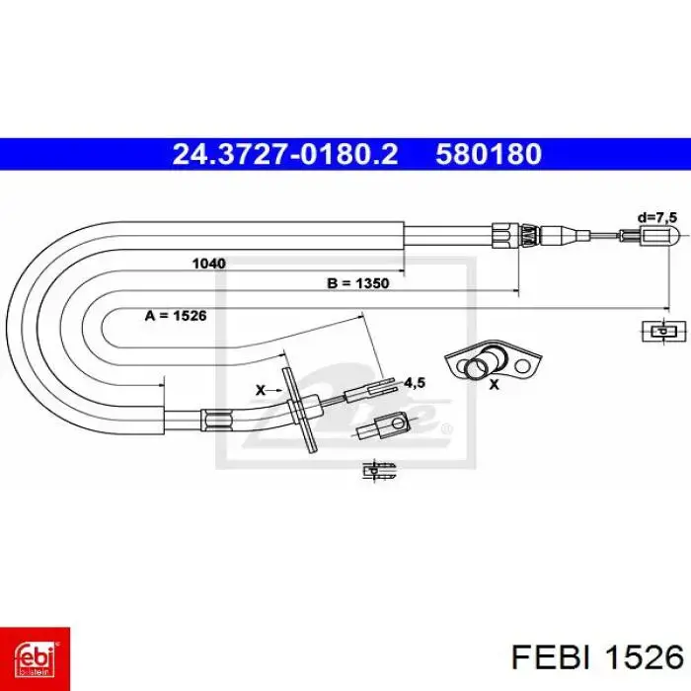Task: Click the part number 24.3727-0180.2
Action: pos(285,154)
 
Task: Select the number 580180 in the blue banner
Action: pos(489,154)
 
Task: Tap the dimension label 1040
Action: pos(209,264)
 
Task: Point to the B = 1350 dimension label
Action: pos(358,283)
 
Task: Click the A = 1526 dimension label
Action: pos(176,316)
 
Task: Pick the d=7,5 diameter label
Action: pos(657,217)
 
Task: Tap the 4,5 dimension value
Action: pos(415,383)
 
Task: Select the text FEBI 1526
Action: pos(597,658)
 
